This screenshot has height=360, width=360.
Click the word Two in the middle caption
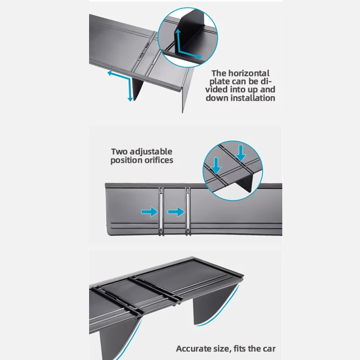point(120,152)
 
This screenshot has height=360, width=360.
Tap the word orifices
point(157,160)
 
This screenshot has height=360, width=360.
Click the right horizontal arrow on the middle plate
point(176,211)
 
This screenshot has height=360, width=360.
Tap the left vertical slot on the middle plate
point(161,209)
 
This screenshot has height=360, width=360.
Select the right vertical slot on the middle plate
point(187,209)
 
